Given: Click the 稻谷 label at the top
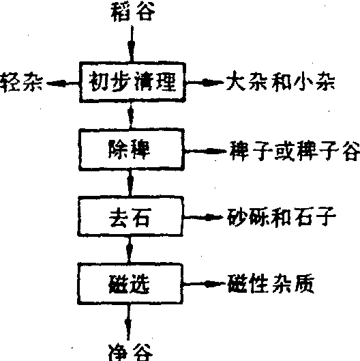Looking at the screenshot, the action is coord(133,12).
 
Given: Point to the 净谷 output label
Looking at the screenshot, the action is coord(130,352).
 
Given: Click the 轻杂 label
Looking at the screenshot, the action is coord(21,83).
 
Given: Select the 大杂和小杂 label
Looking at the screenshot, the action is coord(280,81).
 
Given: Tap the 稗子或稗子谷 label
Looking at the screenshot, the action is coord(295,151).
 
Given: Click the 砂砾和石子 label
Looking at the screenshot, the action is coord(282,216).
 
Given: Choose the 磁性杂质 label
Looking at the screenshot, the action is coord(271,283).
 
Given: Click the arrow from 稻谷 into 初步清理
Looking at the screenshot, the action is coord(132,44).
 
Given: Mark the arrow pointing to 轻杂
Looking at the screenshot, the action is coord(63,83).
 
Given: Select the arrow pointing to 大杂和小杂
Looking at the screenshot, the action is coord(205,82).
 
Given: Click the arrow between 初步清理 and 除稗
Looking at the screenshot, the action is coord(131,115).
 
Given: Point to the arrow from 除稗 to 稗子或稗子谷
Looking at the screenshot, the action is coord(206,151).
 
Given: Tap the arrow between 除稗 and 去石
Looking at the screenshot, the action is coord(131,184).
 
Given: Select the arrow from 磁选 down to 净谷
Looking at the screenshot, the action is coord(128,322).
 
